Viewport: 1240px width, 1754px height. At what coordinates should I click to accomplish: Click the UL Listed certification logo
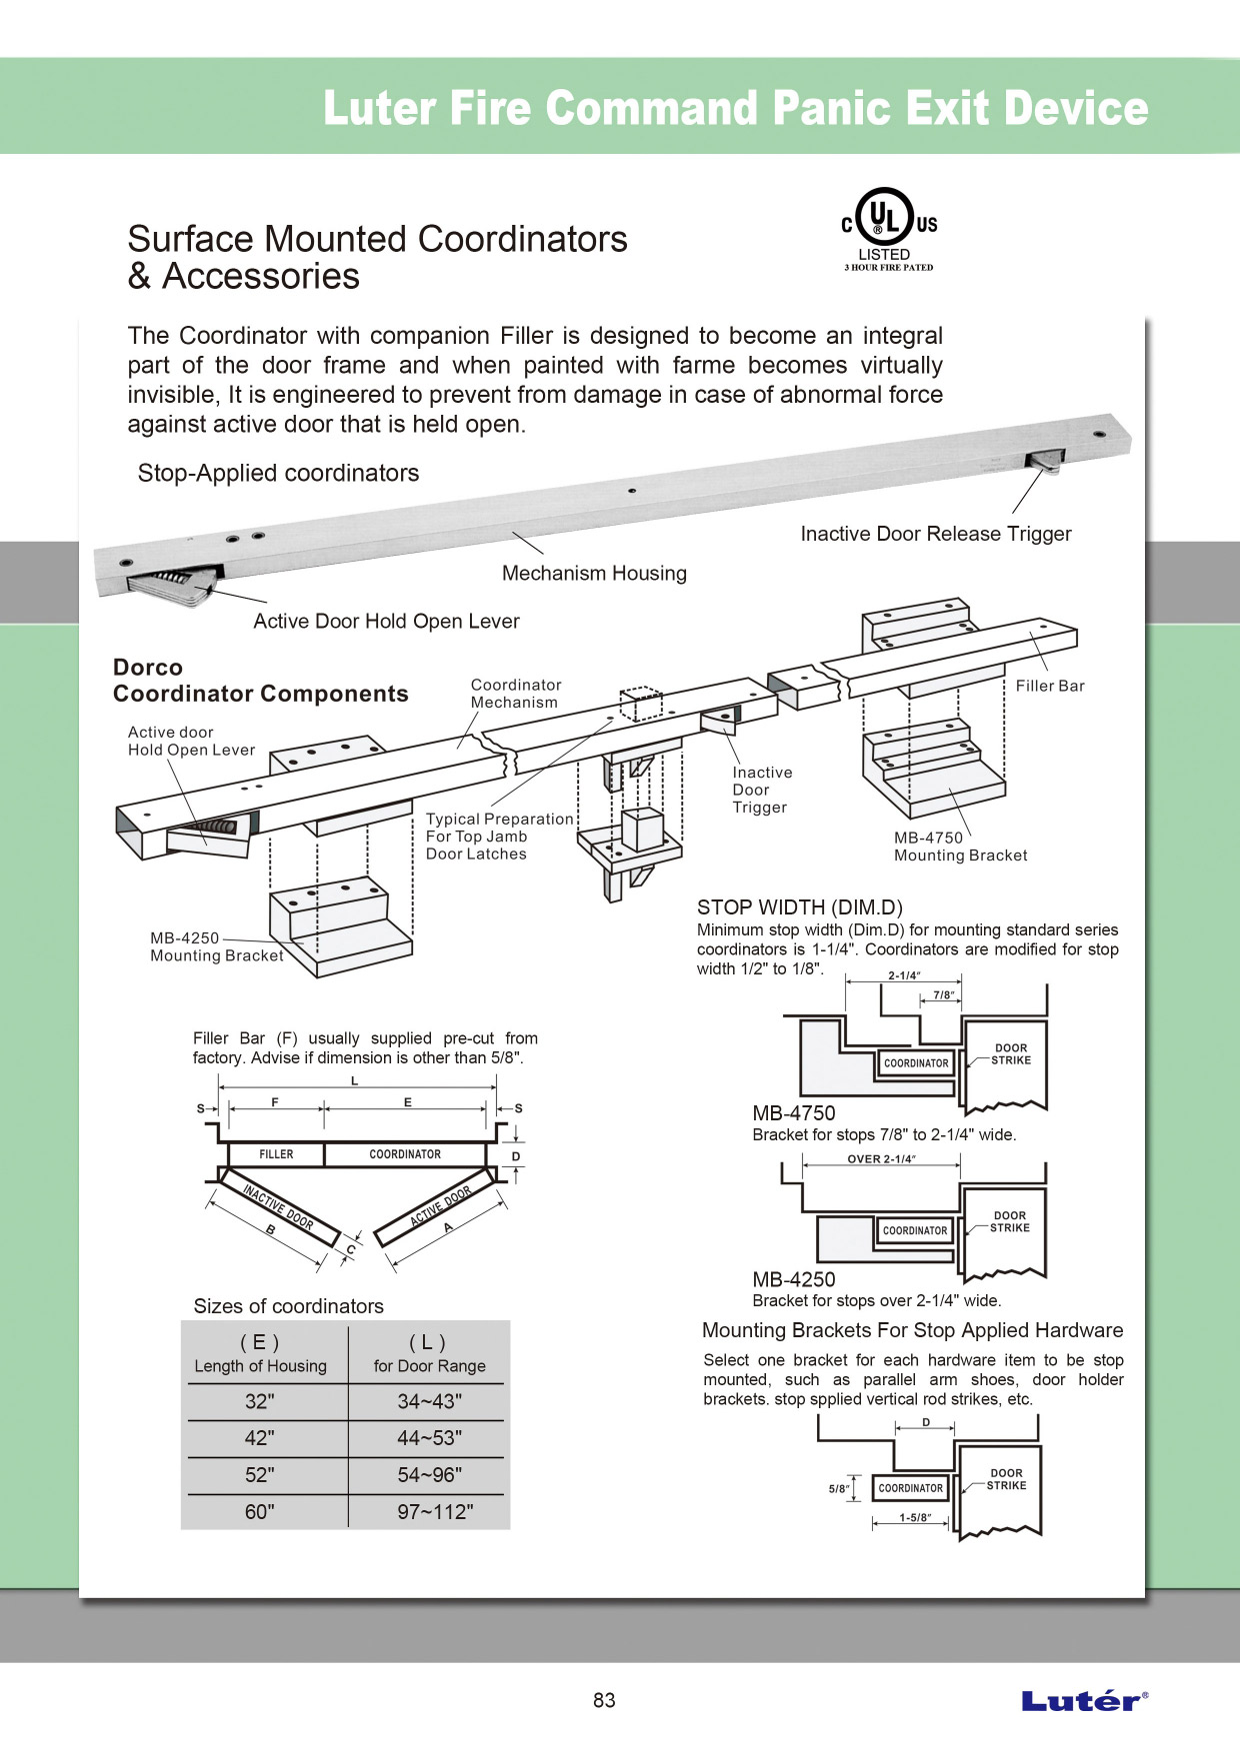(x=888, y=229)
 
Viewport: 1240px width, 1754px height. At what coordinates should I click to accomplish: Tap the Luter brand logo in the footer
(x=1084, y=1700)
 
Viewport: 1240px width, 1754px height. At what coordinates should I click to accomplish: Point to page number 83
(x=604, y=1700)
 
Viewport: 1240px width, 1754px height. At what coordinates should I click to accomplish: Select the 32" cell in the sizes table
(x=260, y=1401)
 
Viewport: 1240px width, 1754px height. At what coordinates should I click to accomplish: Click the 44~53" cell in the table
(x=430, y=1438)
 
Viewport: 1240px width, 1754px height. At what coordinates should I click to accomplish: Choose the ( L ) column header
(x=428, y=1342)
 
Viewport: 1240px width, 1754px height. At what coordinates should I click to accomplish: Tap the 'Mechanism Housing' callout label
(x=594, y=574)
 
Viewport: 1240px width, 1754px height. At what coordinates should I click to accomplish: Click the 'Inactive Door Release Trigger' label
(x=935, y=534)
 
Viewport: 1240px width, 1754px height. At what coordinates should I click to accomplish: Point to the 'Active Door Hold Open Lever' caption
(x=386, y=622)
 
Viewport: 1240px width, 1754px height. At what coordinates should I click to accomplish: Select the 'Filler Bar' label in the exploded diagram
(x=1050, y=686)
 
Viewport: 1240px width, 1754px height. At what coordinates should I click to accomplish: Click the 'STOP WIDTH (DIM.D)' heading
(x=799, y=907)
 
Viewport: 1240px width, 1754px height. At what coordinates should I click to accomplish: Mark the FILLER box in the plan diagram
(x=276, y=1154)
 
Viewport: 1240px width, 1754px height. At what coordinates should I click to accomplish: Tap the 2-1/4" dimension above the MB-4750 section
(x=904, y=975)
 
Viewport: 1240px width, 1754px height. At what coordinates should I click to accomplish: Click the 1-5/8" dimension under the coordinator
(x=914, y=1518)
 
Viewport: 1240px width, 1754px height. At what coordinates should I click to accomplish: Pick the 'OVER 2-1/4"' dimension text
(x=881, y=1159)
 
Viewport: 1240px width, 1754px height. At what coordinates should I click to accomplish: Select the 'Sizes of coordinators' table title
(x=288, y=1306)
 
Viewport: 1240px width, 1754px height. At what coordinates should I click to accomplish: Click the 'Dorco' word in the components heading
(x=148, y=668)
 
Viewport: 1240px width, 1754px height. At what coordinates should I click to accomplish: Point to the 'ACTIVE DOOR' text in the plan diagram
(x=440, y=1206)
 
